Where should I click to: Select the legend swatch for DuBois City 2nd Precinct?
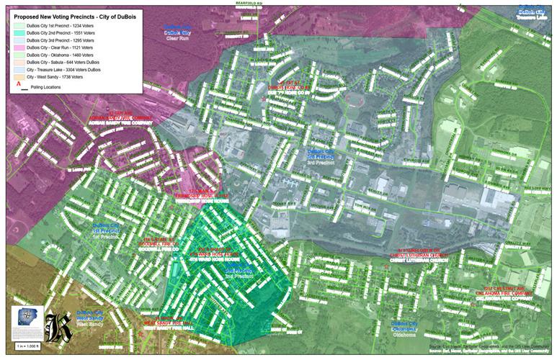click(x=18, y=32)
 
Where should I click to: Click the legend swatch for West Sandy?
click(x=18, y=76)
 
